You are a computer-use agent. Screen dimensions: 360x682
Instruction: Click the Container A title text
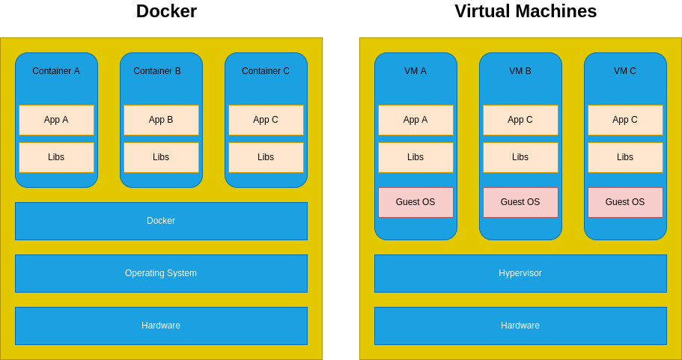coord(56,71)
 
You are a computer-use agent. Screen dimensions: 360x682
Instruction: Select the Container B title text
coord(157,71)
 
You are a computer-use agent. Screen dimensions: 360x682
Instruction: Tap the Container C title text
coord(266,71)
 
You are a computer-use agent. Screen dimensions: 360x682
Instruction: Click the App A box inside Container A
coord(56,120)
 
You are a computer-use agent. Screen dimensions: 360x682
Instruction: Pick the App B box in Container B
coord(161,120)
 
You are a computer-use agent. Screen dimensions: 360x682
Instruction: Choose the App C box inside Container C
coord(266,120)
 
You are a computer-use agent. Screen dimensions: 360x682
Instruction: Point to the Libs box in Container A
coord(56,157)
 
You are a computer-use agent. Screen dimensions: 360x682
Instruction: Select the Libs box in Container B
coord(161,157)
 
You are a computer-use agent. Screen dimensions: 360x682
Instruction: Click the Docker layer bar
coord(161,221)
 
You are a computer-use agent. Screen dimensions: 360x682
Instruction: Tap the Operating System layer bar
coord(161,273)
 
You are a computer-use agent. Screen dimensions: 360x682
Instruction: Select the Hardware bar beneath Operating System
coord(161,326)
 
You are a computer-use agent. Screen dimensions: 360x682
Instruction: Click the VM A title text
coord(415,71)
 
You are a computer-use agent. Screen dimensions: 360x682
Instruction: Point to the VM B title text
coord(520,71)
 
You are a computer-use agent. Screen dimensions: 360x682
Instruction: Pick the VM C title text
coord(625,71)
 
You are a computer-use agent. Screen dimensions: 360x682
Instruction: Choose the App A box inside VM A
coord(415,120)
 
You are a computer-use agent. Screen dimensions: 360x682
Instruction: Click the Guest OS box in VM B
coord(520,202)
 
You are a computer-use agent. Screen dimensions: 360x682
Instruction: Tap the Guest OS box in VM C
coord(625,202)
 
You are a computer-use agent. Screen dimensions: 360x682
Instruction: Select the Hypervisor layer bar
coord(520,273)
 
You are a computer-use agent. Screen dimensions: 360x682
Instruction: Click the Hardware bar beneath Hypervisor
coord(520,326)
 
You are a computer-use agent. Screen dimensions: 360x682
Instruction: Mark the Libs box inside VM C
coord(625,157)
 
